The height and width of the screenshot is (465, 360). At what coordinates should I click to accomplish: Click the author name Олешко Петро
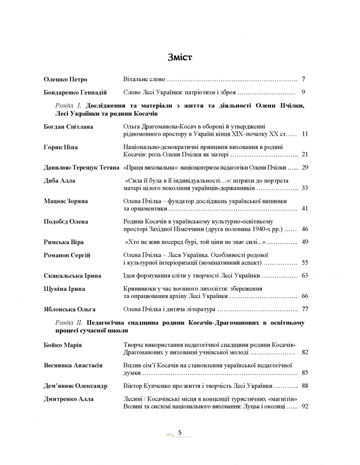click(66, 80)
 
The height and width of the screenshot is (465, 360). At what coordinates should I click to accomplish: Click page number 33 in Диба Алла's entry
click(303, 189)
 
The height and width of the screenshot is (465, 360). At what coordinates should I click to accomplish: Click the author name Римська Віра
click(64, 242)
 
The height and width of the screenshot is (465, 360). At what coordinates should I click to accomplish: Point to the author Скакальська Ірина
click(71, 276)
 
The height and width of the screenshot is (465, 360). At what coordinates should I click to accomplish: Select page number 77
click(303, 309)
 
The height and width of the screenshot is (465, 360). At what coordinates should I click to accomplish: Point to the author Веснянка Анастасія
click(74, 365)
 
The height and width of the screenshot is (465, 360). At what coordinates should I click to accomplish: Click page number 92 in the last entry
click(303, 406)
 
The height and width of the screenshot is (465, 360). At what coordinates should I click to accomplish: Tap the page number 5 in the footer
click(180, 433)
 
